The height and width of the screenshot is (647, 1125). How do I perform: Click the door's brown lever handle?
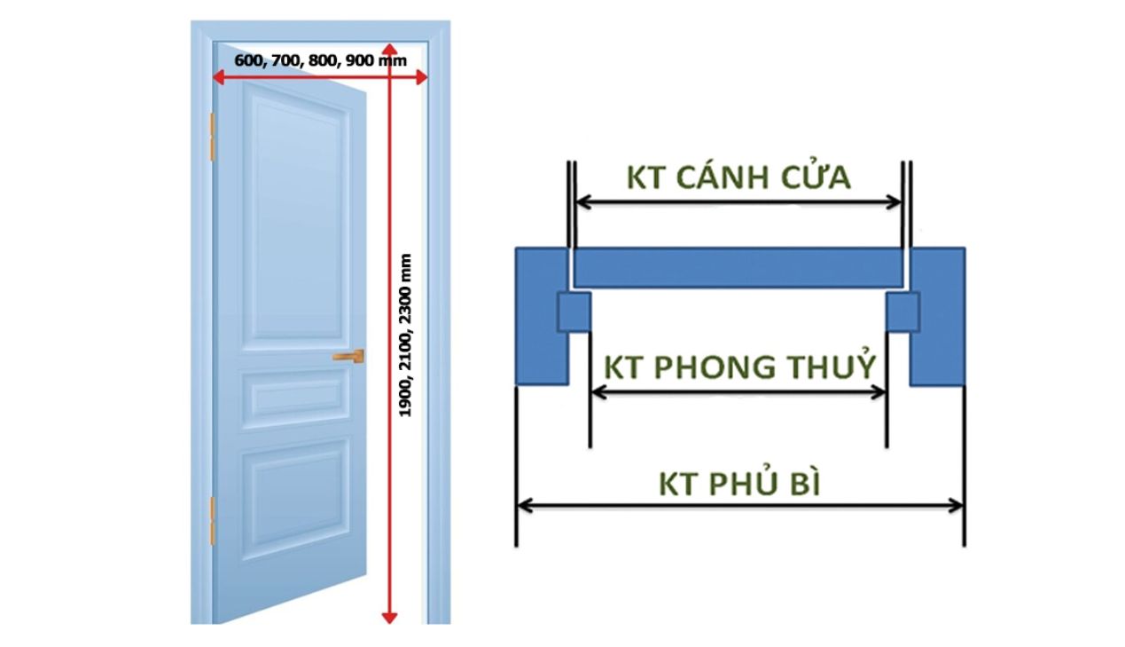(348, 356)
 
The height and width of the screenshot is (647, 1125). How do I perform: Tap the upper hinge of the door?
(212, 137)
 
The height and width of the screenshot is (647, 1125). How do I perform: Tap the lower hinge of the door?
(212, 520)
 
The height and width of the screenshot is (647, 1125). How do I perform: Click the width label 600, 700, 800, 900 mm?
(321, 61)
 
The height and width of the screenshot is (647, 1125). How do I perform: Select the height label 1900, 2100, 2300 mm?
(406, 335)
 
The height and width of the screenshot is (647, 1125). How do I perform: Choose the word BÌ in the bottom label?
(803, 485)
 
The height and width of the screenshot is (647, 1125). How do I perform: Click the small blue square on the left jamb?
(574, 312)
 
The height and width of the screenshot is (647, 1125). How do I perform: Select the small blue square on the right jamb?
(903, 312)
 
